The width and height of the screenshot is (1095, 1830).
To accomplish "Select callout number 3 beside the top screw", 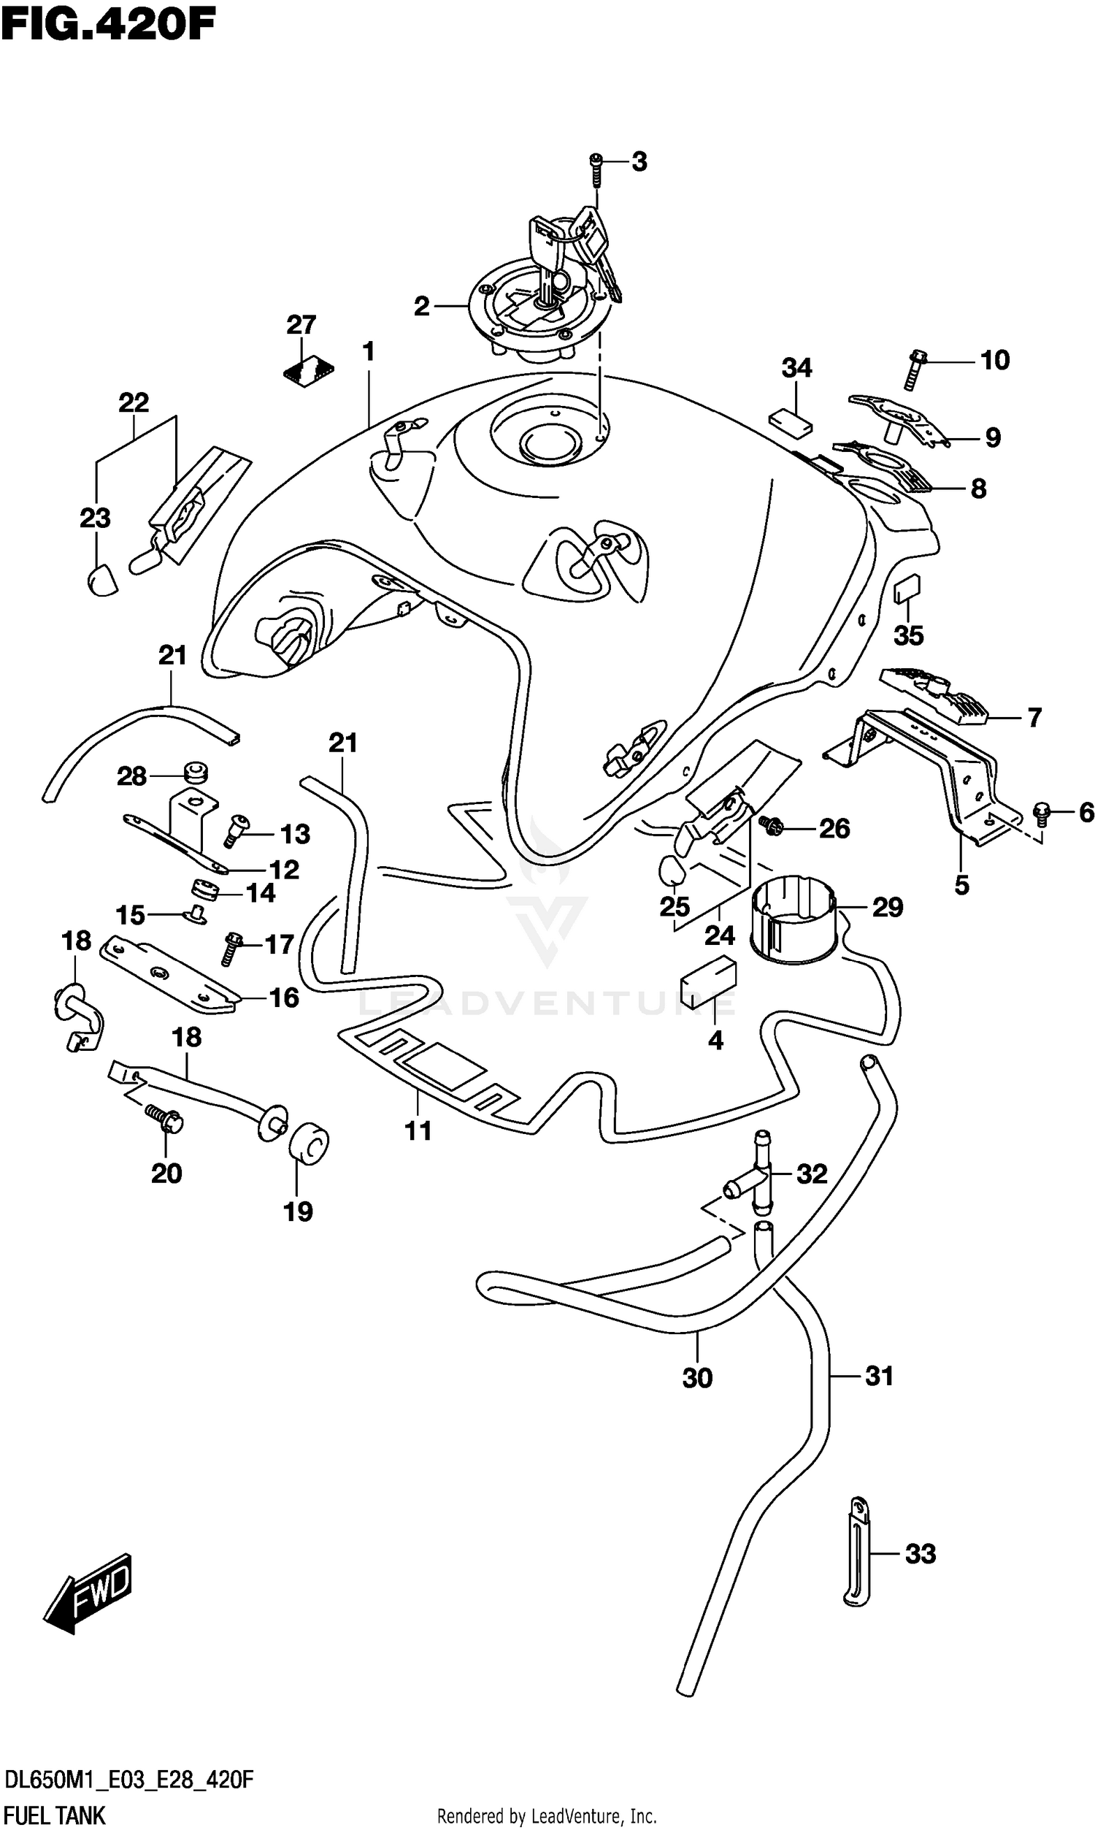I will tap(639, 161).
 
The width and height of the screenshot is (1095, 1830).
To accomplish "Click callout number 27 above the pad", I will tap(301, 325).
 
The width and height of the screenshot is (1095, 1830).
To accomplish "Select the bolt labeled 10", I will tap(913, 368).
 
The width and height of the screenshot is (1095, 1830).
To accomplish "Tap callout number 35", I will tap(908, 635).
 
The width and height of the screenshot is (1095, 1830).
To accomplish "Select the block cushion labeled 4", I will tap(708, 981).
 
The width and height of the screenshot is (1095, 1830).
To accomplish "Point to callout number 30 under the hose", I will tap(696, 1378).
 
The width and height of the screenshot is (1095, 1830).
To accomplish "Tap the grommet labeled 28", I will tap(196, 773).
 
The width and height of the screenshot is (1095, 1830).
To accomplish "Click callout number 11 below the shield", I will tap(418, 1130).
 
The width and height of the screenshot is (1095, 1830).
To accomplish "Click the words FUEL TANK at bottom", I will tap(55, 1810).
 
